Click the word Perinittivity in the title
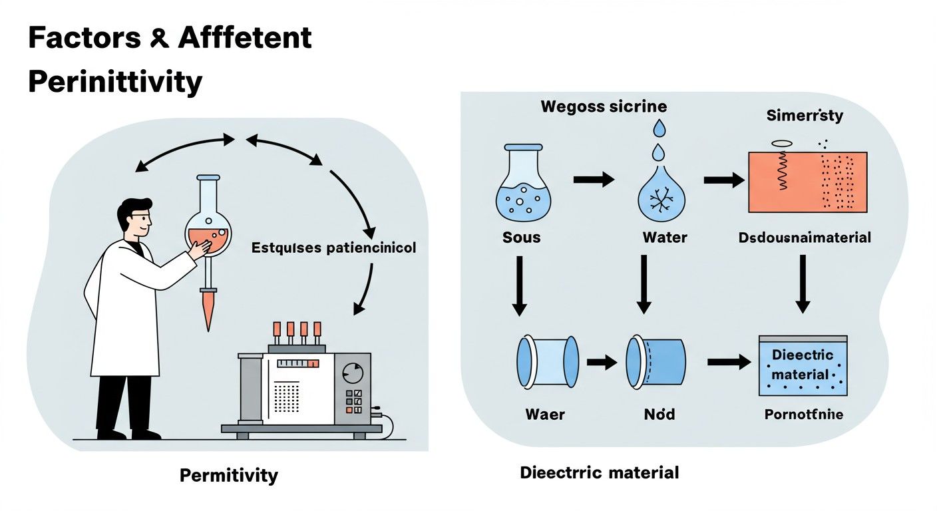click(x=115, y=82)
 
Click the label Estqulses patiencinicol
click(x=333, y=248)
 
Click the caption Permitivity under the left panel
click(x=228, y=475)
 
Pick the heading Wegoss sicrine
click(x=604, y=106)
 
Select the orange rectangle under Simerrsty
click(x=807, y=182)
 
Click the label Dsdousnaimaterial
click(x=804, y=238)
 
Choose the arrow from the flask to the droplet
click(x=594, y=179)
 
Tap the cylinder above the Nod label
click(x=655, y=362)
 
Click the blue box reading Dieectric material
click(x=803, y=365)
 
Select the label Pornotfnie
click(x=803, y=415)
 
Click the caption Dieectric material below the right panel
click(x=599, y=472)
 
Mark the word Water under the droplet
click(x=664, y=237)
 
